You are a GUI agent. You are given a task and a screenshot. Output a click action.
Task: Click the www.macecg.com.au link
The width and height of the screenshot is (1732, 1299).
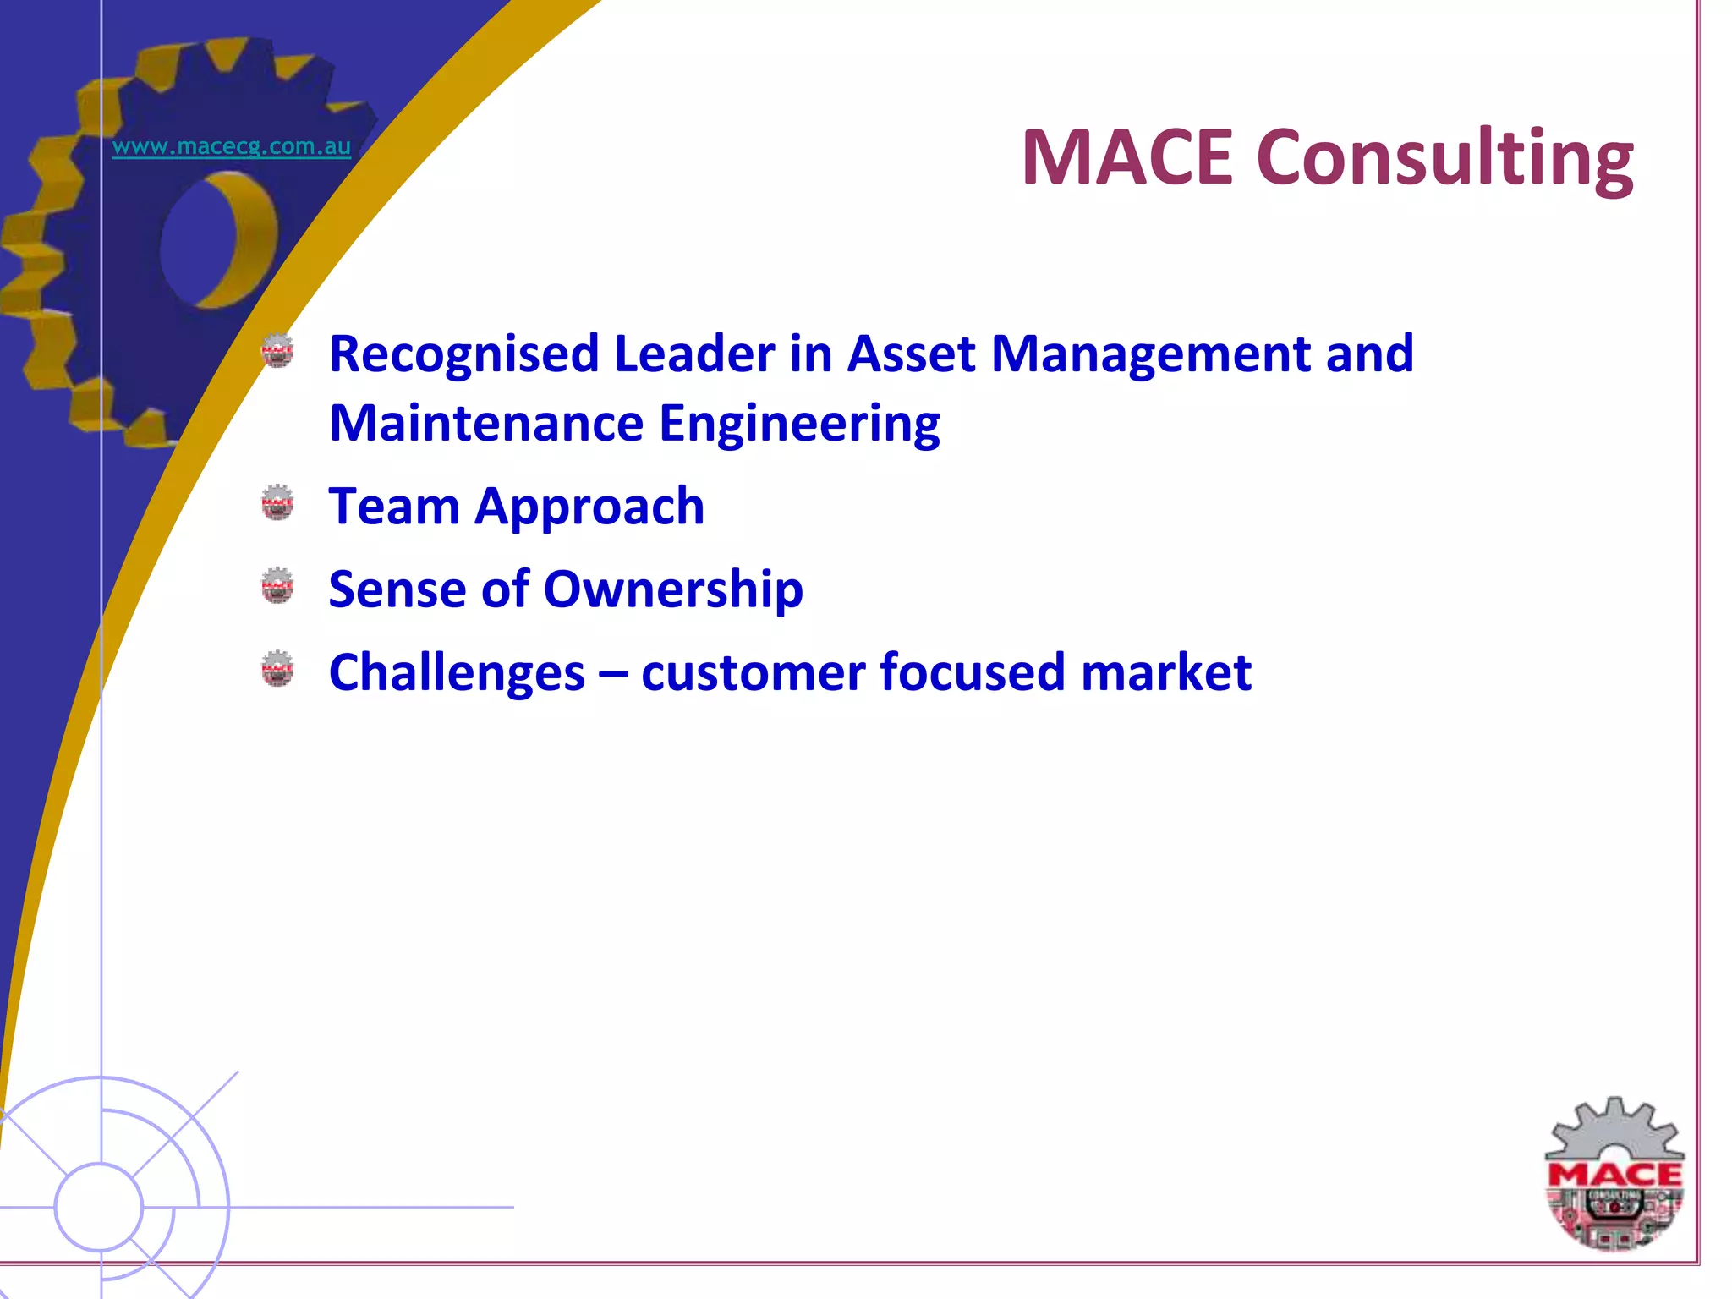pos(231,146)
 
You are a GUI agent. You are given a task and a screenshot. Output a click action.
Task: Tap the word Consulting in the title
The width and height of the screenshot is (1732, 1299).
pos(1444,159)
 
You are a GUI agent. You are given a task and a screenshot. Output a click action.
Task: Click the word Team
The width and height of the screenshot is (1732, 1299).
pos(393,507)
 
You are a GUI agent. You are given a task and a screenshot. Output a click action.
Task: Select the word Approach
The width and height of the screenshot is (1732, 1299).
pos(589,508)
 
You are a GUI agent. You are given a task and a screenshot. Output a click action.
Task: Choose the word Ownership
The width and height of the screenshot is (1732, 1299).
pos(672,589)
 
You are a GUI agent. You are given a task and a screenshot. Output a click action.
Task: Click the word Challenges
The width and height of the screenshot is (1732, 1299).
pos(457,673)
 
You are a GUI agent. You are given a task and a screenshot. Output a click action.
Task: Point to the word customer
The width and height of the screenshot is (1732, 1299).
pos(753,673)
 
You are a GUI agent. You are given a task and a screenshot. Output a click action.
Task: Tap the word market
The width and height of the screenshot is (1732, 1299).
pos(1165,673)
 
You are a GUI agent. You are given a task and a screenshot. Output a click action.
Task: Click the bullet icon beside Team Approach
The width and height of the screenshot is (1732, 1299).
pos(277,502)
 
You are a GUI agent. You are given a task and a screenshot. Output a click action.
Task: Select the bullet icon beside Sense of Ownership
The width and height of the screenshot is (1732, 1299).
pos(277,585)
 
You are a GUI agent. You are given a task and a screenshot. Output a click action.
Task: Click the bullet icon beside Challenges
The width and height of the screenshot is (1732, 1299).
pos(277,668)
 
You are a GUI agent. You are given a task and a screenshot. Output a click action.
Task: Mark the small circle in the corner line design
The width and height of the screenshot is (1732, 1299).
pos(99,1207)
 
